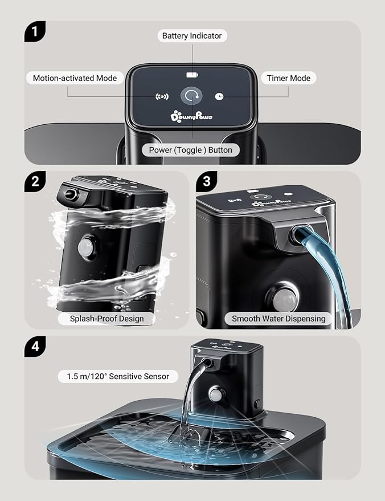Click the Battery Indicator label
[192, 36]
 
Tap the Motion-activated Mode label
[75, 78]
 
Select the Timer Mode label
[289, 78]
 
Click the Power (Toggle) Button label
[191, 150]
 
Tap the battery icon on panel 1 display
[192, 75]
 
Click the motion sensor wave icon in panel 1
[162, 96]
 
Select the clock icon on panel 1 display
[219, 96]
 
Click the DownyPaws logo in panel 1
[191, 116]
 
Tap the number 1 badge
[35, 31]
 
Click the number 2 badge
[35, 181]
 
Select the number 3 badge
[206, 181]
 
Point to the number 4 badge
[35, 347]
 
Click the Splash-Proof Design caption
[107, 319]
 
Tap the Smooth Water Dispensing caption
[278, 319]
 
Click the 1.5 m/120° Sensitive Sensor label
[118, 376]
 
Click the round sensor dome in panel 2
[85, 247]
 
